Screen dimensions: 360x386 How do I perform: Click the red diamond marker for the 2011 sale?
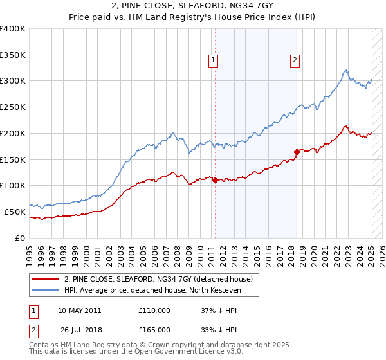coord(215,180)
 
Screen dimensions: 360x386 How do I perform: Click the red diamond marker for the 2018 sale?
coord(297,152)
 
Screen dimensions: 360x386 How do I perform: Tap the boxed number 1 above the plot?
coord(213,61)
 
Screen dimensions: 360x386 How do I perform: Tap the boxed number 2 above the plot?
coord(295,61)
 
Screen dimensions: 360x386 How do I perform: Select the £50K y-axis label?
coord(15,212)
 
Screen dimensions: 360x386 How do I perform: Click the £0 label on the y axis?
coord(21,238)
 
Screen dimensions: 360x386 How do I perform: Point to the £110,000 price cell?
coord(154,310)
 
